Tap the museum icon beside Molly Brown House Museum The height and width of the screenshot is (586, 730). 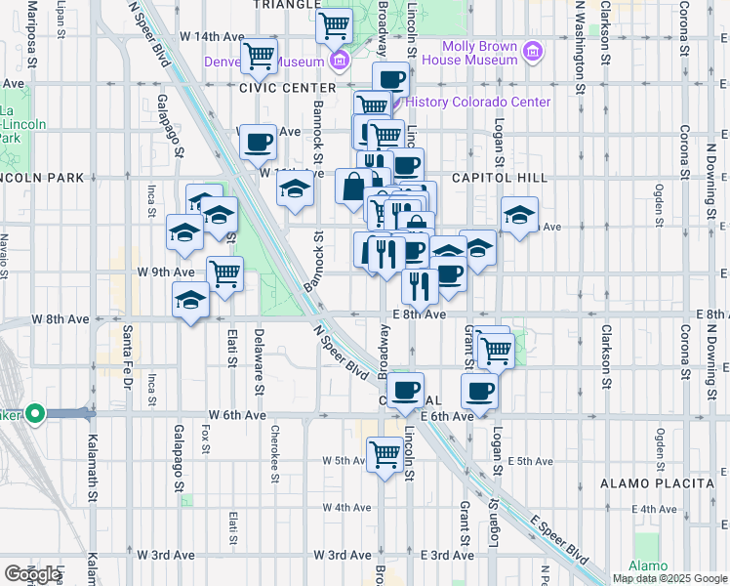pyautogui.click(x=533, y=51)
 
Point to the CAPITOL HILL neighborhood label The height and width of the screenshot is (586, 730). pyautogui.click(x=490, y=178)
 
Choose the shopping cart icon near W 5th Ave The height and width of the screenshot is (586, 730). pyautogui.click(x=385, y=453)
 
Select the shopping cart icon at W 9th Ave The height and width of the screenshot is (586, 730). pyautogui.click(x=225, y=272)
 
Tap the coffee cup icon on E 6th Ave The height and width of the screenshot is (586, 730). pyautogui.click(x=478, y=392)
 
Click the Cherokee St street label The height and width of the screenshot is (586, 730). pyautogui.click(x=275, y=451)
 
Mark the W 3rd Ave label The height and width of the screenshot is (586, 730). pyautogui.click(x=165, y=555)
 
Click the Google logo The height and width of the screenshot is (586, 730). pyautogui.click(x=32, y=574)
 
